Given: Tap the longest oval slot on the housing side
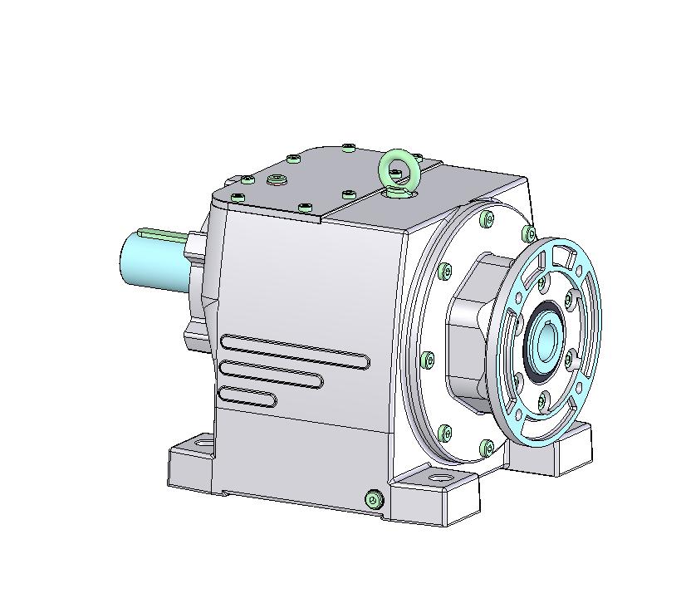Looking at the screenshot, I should tap(295, 351).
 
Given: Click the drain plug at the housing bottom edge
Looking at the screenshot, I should tap(374, 498).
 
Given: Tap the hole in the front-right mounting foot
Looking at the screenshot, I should tap(437, 479).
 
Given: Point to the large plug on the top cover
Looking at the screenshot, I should tap(277, 179).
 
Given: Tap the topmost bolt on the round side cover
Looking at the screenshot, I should tap(486, 220).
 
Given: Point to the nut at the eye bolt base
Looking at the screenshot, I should tap(399, 193).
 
